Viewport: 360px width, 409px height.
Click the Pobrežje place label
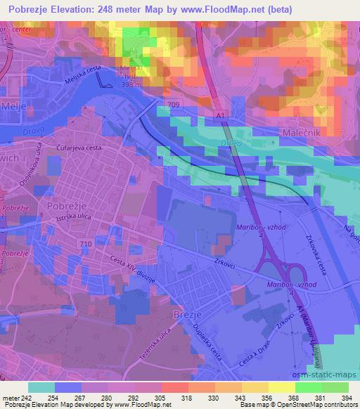(67, 206)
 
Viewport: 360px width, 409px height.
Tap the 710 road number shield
(86, 244)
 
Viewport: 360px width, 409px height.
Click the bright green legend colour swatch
(304, 387)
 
